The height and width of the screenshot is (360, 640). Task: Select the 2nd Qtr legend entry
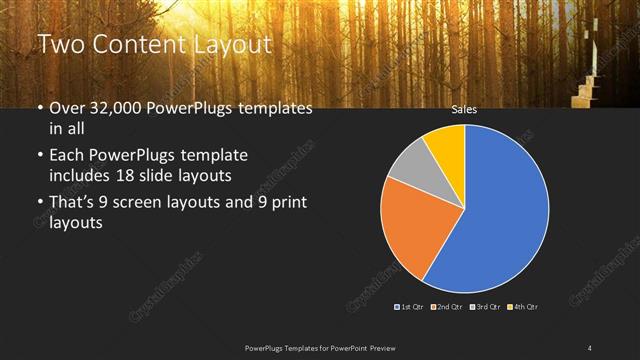[447, 306]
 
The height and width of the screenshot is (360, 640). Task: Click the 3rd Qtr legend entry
[484, 306]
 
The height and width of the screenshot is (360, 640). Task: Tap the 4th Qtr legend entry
[522, 306]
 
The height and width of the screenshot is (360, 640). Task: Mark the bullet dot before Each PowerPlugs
[39, 156]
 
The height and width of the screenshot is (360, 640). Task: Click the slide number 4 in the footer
[590, 347]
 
